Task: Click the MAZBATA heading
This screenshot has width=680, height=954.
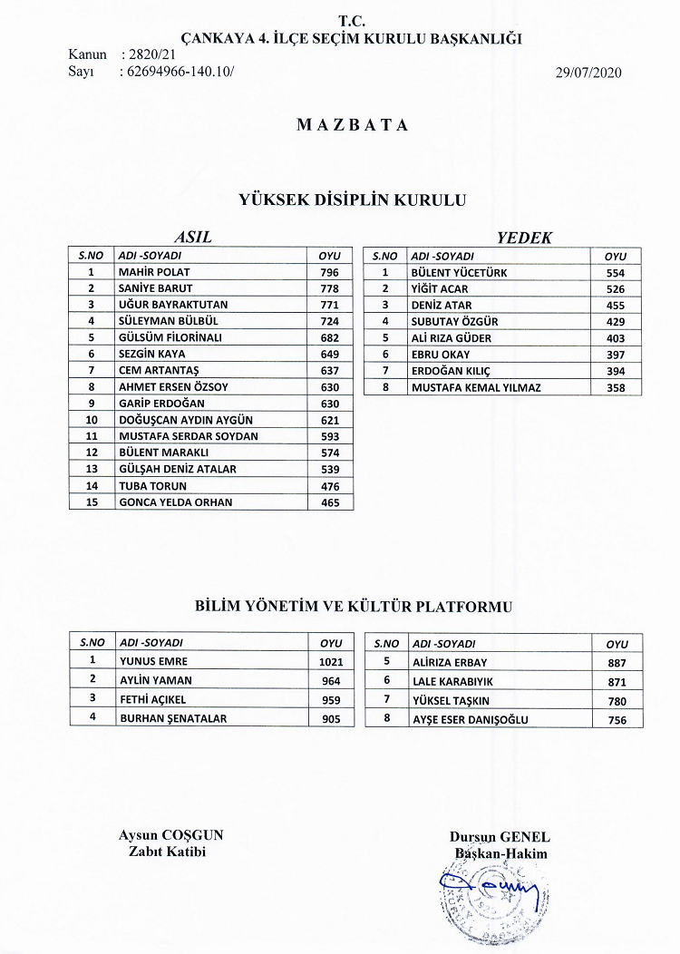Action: tap(352, 125)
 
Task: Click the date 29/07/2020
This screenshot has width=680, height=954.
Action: tap(588, 73)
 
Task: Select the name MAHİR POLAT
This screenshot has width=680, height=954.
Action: tap(155, 272)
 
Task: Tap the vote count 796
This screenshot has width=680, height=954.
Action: tap(329, 272)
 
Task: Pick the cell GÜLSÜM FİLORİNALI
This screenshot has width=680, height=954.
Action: tap(170, 337)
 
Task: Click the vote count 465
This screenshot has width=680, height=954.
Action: tap(329, 501)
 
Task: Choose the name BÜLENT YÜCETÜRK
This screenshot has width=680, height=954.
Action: tap(459, 272)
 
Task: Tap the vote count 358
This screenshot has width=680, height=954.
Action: tap(616, 387)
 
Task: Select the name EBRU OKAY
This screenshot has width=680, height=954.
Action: tap(442, 355)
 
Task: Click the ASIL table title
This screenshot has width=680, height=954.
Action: tap(192, 238)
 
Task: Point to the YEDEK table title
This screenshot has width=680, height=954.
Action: tap(524, 238)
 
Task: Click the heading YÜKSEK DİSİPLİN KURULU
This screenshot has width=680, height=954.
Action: tap(352, 200)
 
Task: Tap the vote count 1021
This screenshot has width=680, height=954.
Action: tap(331, 662)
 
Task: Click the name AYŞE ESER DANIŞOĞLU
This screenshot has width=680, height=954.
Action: tap(470, 720)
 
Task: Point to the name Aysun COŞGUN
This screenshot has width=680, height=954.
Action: tap(170, 836)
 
